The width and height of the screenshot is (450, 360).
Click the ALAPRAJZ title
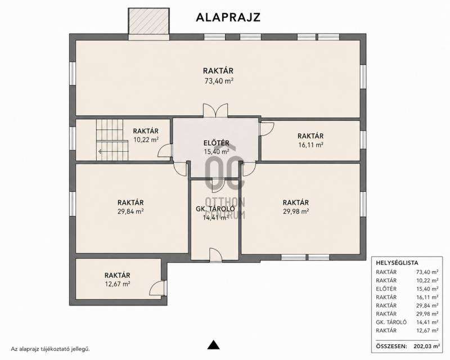[228, 17]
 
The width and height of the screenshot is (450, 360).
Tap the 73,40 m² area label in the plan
[218, 80]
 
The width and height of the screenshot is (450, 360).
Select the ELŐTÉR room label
[217, 143]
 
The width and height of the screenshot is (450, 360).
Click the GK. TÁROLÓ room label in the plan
[215, 209]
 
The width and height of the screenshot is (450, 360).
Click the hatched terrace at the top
[149, 21]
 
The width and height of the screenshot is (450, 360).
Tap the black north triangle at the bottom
[213, 344]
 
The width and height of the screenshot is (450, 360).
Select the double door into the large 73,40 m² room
[215, 111]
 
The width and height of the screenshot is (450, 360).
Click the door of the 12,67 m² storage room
[158, 288]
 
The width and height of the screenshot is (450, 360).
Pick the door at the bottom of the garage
[215, 255]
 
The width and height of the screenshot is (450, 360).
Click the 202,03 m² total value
[427, 346]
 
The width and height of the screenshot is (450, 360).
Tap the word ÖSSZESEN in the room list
[391, 346]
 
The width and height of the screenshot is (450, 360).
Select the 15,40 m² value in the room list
[427, 289]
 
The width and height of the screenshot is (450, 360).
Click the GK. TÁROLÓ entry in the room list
[391, 322]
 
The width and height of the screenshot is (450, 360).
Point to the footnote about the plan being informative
[51, 349]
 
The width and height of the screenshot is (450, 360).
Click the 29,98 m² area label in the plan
[296, 211]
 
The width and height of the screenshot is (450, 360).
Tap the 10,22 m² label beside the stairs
[146, 140]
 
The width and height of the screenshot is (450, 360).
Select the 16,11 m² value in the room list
[427, 297]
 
